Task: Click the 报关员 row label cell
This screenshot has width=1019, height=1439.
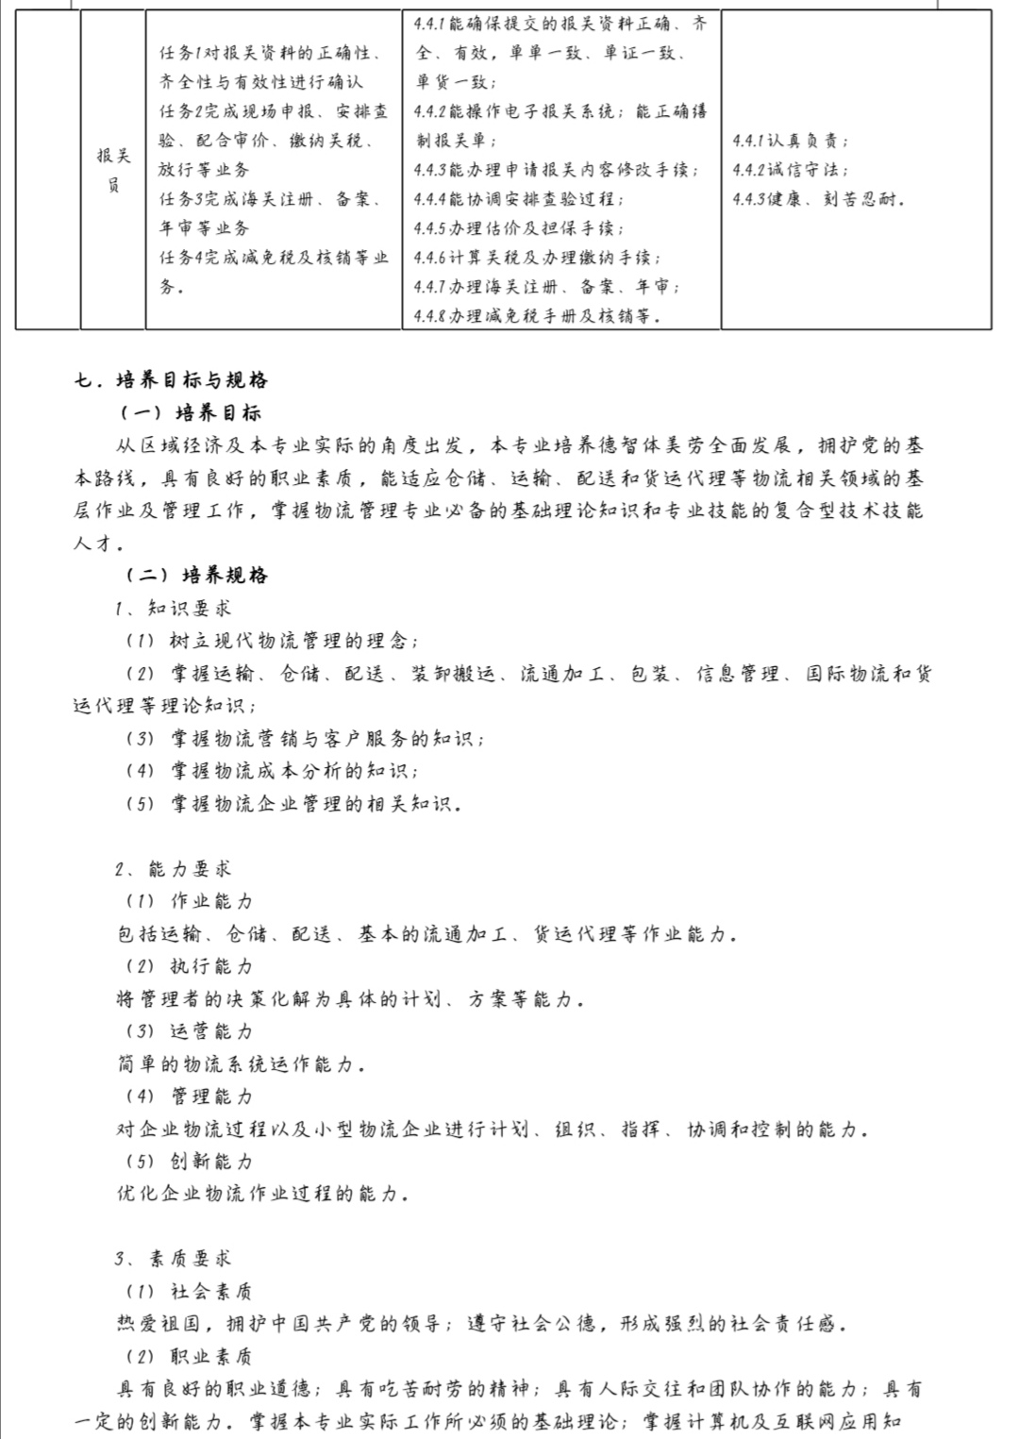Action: coord(113,170)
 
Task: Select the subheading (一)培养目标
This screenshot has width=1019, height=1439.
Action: coord(191,412)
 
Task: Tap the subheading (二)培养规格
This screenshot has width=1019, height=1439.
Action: coord(196,575)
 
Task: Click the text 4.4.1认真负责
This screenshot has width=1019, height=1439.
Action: coord(790,141)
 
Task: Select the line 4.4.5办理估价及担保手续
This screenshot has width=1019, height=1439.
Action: coord(518,228)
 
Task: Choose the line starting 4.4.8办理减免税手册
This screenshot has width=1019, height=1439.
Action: coord(537,316)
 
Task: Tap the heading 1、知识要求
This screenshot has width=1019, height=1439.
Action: coord(174,608)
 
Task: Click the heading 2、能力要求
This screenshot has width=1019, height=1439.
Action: coord(174,868)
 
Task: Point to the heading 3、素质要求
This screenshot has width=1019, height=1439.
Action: coord(174,1258)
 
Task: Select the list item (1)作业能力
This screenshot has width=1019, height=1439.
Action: coord(189,900)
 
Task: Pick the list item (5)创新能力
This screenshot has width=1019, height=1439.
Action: coord(189,1161)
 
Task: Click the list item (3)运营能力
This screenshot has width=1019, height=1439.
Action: coord(189,1030)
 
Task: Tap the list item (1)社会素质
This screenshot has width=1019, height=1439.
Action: coord(189,1291)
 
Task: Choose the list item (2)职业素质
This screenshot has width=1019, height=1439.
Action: coord(189,1356)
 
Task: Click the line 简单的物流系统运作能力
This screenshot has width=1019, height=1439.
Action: coord(241,1063)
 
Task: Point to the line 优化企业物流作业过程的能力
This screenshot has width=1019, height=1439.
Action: coord(262,1194)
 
